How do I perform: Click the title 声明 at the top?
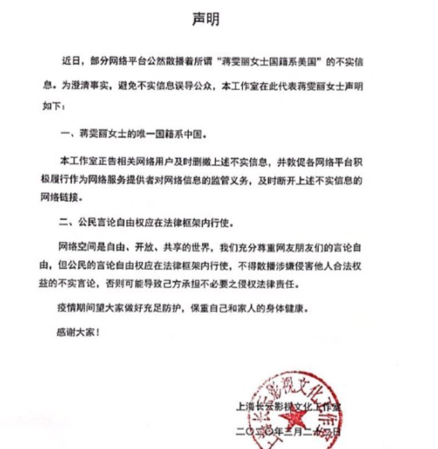[x=206, y=19]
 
